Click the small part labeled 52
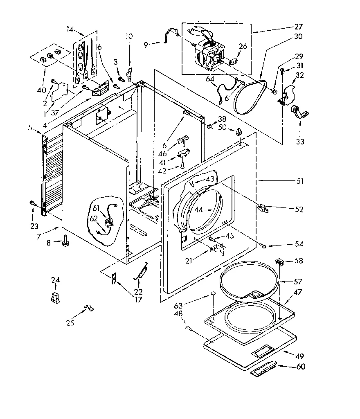263,209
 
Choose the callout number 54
299,244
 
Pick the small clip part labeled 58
280,261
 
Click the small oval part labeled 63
213,295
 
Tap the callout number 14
70,29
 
